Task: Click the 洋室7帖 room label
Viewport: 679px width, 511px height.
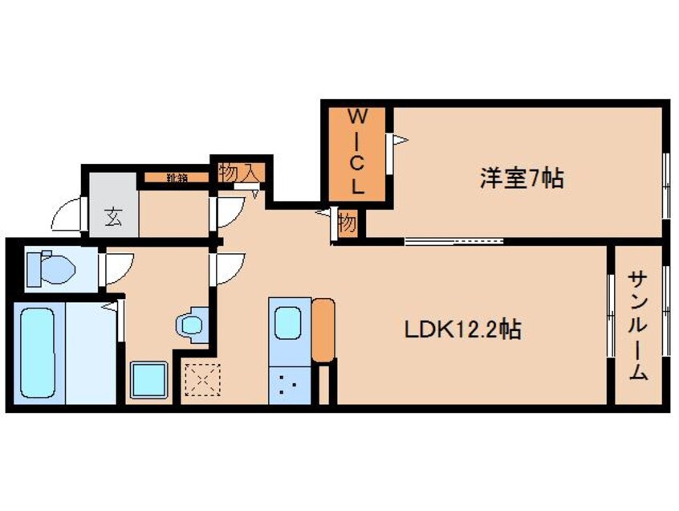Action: [x=521, y=177]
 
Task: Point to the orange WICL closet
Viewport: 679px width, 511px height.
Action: [x=356, y=153]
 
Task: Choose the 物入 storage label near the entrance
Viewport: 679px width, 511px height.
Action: [x=239, y=171]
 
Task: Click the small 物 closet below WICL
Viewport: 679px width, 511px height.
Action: [x=347, y=223]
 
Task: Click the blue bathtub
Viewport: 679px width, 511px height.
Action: [x=39, y=350]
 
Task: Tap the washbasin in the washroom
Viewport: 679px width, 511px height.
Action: [x=191, y=325]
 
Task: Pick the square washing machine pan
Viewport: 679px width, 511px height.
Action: [x=149, y=378]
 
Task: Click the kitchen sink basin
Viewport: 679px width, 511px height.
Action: [x=290, y=323]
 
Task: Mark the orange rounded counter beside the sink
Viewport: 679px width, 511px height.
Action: [x=323, y=329]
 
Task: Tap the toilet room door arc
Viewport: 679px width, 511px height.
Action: [x=116, y=267]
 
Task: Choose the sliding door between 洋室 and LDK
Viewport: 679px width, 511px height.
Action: [x=453, y=239]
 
